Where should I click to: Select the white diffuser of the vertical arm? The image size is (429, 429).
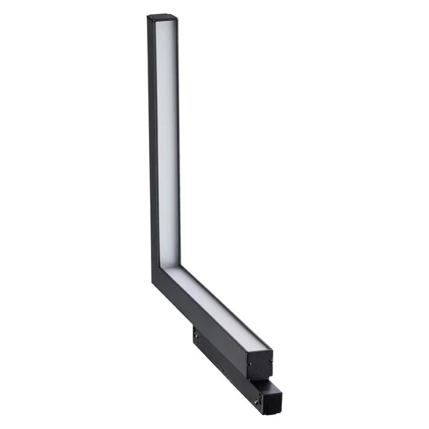[x=166, y=138]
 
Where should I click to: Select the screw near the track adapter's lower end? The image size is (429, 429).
[x=256, y=399]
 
